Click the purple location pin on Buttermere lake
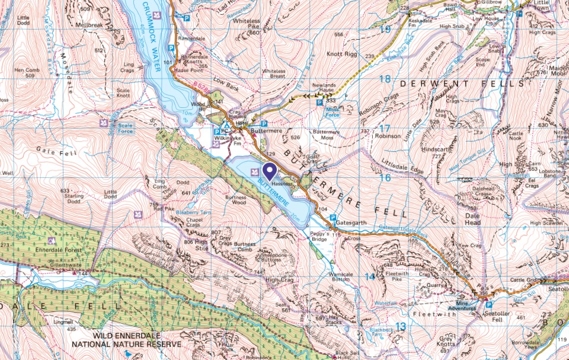[x=270, y=171]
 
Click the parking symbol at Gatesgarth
[x=333, y=218]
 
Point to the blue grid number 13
[x=401, y=326]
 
